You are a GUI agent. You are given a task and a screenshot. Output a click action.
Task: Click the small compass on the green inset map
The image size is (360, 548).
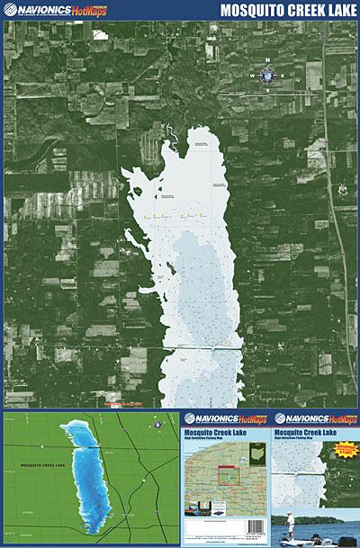pyautogui.click(x=157, y=423)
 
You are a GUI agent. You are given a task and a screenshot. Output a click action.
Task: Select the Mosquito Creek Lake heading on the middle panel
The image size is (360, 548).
pyautogui.click(x=220, y=432)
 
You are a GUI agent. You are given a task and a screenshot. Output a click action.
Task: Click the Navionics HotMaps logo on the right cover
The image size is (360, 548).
pyautogui.click(x=315, y=419)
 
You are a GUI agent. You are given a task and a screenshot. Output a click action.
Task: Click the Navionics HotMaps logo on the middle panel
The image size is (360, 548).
pyautogui.click(x=225, y=419)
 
